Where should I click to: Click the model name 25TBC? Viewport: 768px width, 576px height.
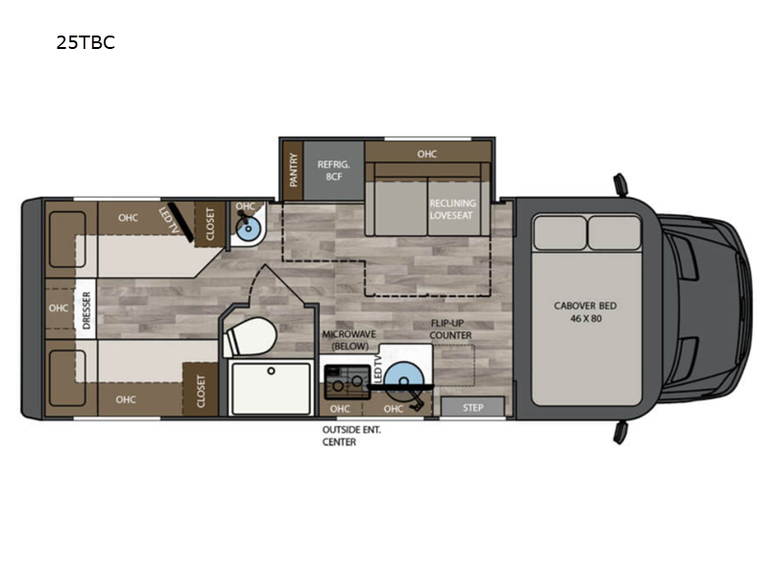coord(85,42)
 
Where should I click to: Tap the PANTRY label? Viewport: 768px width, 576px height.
coord(294,170)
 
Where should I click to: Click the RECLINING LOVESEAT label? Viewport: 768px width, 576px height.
coord(451,209)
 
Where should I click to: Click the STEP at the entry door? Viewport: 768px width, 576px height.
coord(472,407)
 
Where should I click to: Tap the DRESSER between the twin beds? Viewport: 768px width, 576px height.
coord(85,309)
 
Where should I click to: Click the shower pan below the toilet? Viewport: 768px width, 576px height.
coord(271,387)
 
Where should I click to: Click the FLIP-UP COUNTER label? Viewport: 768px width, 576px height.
coord(450,330)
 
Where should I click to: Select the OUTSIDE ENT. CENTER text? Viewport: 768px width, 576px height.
coord(351,436)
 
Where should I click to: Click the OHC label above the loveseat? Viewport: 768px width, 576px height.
coord(427,153)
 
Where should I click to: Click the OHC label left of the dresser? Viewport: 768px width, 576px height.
coord(59,309)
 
